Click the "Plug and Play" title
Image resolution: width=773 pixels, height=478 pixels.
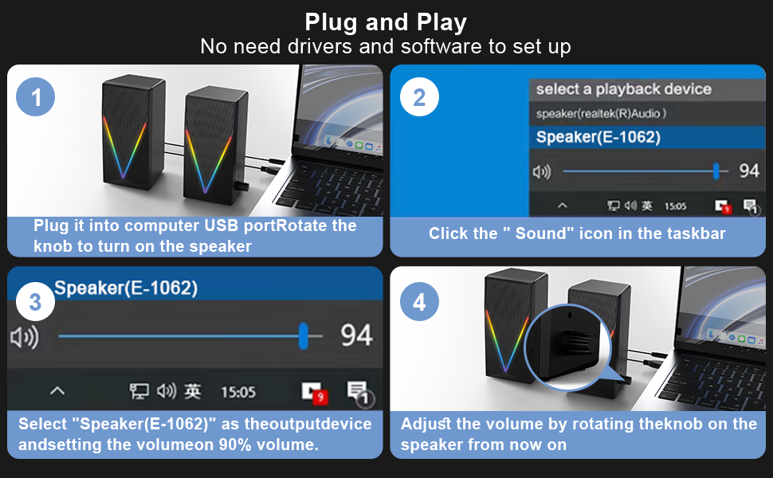click(x=386, y=22)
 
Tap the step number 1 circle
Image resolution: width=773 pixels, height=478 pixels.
click(x=36, y=99)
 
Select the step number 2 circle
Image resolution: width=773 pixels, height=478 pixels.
click(x=419, y=98)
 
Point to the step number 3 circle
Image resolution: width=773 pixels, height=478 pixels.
click(x=35, y=303)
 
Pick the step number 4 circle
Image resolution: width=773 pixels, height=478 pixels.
click(x=419, y=303)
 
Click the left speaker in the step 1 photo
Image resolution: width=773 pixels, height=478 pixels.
click(x=132, y=143)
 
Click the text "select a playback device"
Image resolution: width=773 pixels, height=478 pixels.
click(x=623, y=89)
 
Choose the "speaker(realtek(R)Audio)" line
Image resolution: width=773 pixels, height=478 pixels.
click(x=601, y=114)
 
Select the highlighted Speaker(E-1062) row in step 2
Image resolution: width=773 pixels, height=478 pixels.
click(x=598, y=137)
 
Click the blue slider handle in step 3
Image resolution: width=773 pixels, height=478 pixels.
click(x=304, y=335)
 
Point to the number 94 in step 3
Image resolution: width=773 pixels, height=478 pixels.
click(x=356, y=335)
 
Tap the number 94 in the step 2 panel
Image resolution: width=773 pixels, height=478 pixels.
click(x=749, y=170)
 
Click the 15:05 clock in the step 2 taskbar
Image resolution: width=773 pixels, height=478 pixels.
click(x=674, y=206)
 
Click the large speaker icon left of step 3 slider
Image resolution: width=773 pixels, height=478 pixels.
click(x=25, y=337)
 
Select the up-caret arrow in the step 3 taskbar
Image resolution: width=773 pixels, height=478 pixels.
click(x=57, y=391)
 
